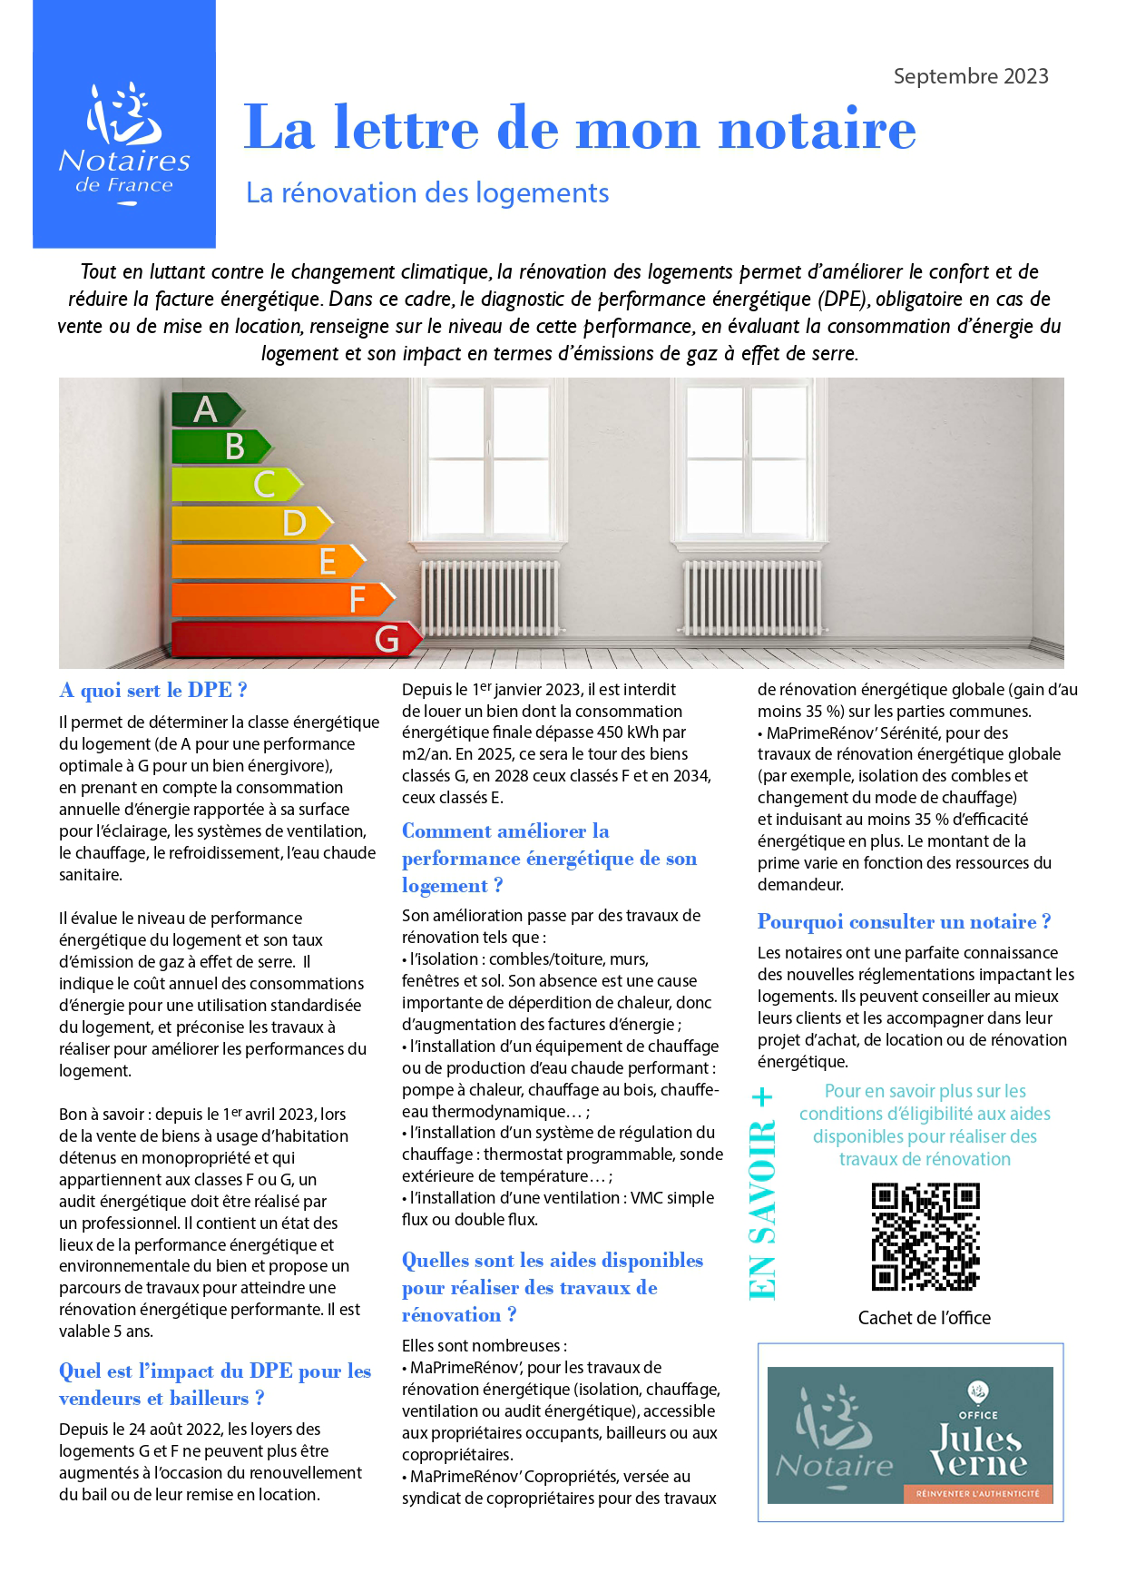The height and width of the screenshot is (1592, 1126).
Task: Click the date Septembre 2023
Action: pyautogui.click(x=970, y=76)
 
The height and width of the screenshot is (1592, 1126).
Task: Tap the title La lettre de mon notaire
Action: pyautogui.click(x=580, y=128)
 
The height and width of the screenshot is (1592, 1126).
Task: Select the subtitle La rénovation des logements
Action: pyautogui.click(x=427, y=192)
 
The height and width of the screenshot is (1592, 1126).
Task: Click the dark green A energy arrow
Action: pyautogui.click(x=206, y=409)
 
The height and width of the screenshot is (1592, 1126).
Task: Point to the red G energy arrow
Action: pyautogui.click(x=296, y=639)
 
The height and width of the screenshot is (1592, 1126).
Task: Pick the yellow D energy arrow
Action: pyautogui.click(x=251, y=523)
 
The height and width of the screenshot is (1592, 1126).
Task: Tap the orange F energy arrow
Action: pyautogui.click(x=282, y=599)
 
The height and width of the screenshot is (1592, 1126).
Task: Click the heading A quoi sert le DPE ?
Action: pyautogui.click(x=152, y=690)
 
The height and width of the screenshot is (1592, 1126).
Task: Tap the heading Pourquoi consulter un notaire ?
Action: pyautogui.click(x=904, y=921)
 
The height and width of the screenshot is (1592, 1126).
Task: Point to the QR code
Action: pyautogui.click(x=925, y=1236)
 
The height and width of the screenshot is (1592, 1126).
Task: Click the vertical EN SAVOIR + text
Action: pyautogui.click(x=763, y=1193)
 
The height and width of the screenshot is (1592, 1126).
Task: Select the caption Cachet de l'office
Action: pyautogui.click(x=924, y=1318)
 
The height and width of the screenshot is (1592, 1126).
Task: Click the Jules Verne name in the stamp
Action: pyautogui.click(x=978, y=1450)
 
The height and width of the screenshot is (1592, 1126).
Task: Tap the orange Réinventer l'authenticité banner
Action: pyautogui.click(x=977, y=1493)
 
